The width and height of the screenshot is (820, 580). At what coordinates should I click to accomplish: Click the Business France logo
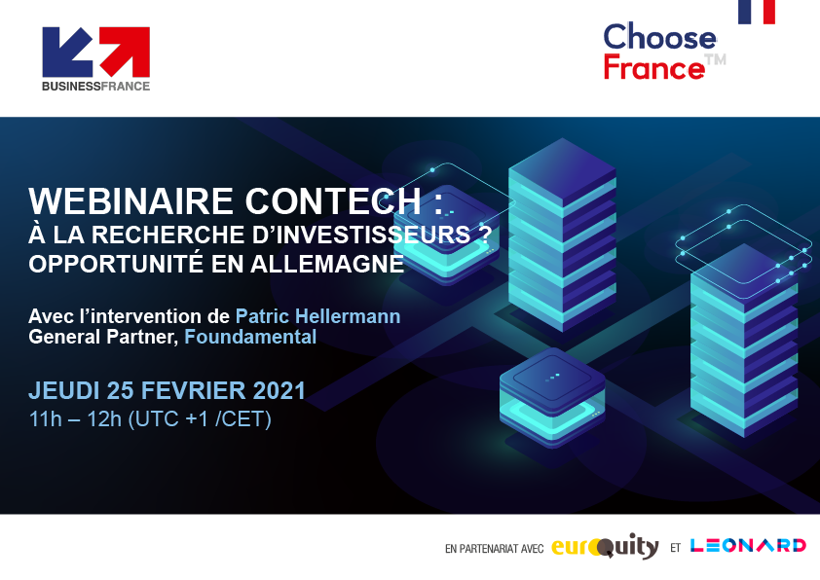coord(96,59)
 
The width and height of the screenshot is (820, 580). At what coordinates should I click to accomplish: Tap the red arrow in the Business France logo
coord(126,52)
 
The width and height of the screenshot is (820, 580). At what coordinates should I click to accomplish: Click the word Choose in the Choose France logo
coord(660,37)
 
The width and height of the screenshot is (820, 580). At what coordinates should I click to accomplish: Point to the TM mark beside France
coord(716,59)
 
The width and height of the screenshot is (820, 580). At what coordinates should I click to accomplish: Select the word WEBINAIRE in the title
coord(130,201)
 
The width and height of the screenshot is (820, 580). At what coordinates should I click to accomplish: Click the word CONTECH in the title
coord(333,201)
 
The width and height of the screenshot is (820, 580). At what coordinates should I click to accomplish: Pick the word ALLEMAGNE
coord(327,264)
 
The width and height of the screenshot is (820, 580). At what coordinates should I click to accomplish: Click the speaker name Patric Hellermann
coord(317,316)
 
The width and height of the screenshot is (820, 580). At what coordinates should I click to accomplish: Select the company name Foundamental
coord(250,337)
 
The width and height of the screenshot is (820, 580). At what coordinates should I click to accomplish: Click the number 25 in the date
coord(121,391)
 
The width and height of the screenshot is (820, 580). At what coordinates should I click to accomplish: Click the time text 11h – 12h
coord(75,419)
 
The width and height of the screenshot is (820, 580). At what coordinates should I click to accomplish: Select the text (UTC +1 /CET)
coord(200,419)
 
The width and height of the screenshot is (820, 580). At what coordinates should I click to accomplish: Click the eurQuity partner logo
coord(605,546)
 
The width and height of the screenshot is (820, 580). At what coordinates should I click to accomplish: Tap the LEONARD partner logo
coord(748,546)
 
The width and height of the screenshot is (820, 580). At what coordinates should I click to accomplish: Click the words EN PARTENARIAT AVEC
coord(494,549)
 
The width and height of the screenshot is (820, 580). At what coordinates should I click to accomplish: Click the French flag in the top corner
coord(756,12)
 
